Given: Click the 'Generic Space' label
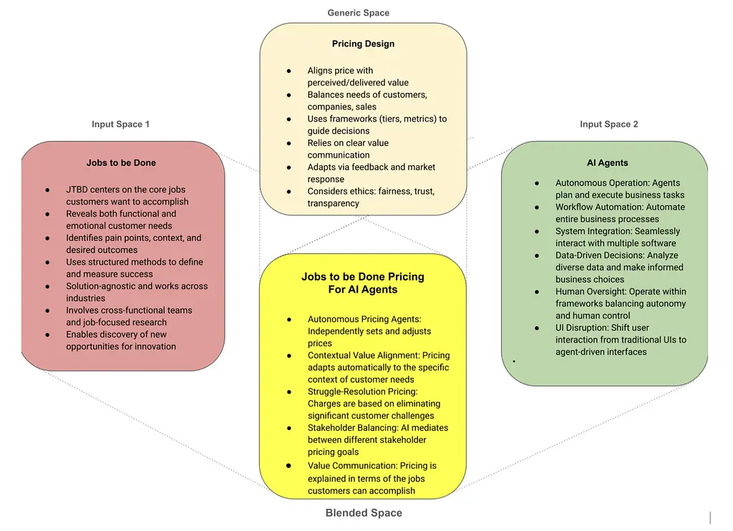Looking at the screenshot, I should pyautogui.click(x=358, y=13).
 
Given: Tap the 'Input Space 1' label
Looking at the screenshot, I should pyautogui.click(x=120, y=125).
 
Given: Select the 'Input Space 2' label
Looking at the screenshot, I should pyautogui.click(x=608, y=125).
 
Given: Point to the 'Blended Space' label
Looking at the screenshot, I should pyautogui.click(x=364, y=513).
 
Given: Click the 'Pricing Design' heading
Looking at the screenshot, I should pyautogui.click(x=363, y=44).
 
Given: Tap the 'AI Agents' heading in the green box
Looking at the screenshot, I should pyautogui.click(x=607, y=163).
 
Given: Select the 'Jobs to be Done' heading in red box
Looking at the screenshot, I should pyautogui.click(x=121, y=162).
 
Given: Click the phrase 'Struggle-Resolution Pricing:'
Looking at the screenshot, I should pyautogui.click(x=362, y=391).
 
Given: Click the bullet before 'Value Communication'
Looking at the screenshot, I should pyautogui.click(x=288, y=465).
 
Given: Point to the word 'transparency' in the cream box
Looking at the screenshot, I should pyautogui.click(x=334, y=203).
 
